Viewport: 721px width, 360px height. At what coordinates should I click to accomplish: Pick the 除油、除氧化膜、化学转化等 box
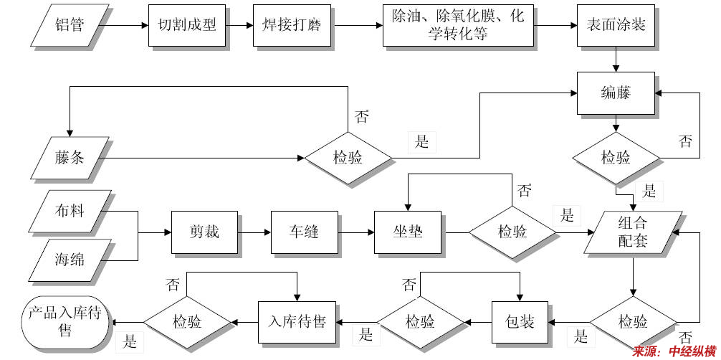point(459,26)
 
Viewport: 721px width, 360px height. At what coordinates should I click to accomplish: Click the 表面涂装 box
point(616,26)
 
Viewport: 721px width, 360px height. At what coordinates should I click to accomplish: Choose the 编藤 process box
point(616,93)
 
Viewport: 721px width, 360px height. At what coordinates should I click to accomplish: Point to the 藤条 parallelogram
point(70,157)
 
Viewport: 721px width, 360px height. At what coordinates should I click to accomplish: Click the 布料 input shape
point(70,212)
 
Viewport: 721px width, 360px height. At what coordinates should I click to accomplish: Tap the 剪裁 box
point(204,232)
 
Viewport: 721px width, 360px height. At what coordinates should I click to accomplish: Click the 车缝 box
point(304,232)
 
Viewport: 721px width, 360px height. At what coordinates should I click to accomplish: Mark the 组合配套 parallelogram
point(633,232)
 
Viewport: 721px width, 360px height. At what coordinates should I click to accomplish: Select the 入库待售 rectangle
point(297,321)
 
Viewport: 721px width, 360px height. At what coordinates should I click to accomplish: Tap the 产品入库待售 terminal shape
point(65,321)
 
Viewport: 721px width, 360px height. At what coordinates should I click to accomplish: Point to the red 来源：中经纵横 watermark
point(674,351)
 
